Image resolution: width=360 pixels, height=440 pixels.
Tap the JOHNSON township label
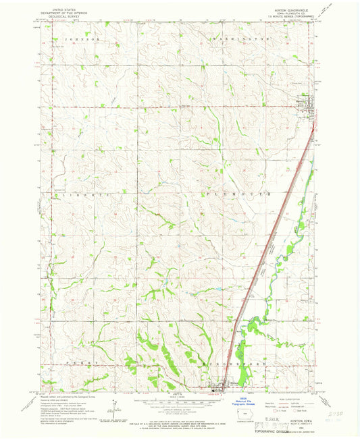(x=82, y=40)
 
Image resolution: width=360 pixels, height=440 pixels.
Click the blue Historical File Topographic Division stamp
(x=245, y=398)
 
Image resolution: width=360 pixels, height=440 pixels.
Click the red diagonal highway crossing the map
(x=270, y=236)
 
